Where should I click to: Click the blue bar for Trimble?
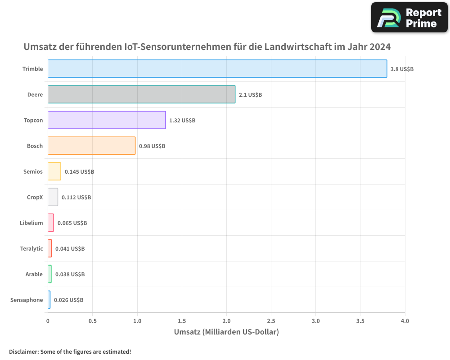[217, 69]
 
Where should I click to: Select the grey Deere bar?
[141, 94]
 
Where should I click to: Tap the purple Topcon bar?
[107, 120]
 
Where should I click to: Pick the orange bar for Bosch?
[91, 146]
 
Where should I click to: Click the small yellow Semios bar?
[54, 171]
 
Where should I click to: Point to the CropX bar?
[53, 197]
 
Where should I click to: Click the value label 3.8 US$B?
[402, 69]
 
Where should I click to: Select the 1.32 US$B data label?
[182, 121]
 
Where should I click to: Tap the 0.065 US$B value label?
[72, 223]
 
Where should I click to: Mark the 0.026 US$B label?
[68, 300]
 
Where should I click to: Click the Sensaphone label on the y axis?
[27, 300]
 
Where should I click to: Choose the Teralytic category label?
[31, 249]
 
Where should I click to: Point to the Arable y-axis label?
[34, 274]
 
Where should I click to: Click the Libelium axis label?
[31, 223]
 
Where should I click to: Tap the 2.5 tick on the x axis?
[271, 321]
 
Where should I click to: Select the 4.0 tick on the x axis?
[405, 321]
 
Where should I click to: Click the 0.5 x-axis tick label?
[93, 321]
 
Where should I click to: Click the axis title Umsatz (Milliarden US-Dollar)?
[226, 332]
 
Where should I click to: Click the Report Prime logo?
[409, 18]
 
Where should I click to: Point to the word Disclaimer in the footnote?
[23, 352]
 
